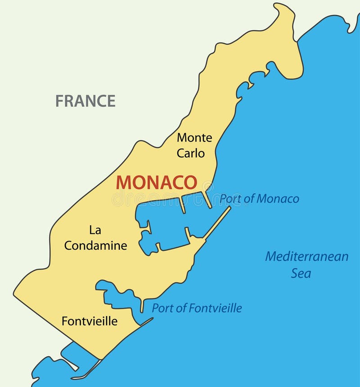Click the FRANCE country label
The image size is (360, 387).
coord(85,101)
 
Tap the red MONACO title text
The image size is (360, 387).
coord(156,182)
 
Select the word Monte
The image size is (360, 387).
coord(194,137)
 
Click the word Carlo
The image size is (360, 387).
coord(190,153)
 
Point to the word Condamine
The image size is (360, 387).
coord(95,246)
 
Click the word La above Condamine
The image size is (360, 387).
coord(95,230)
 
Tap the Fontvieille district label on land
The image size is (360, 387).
coord(90,321)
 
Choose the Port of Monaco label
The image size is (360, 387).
coord(259,199)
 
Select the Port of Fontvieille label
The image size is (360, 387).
coord(197,308)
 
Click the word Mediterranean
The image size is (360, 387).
coord(306,256)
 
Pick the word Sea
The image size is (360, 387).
coord(301,273)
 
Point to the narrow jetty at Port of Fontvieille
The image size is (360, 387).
coord(142,306)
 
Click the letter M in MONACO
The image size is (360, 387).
coord(123,182)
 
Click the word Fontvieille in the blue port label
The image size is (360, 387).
coord(215,308)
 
